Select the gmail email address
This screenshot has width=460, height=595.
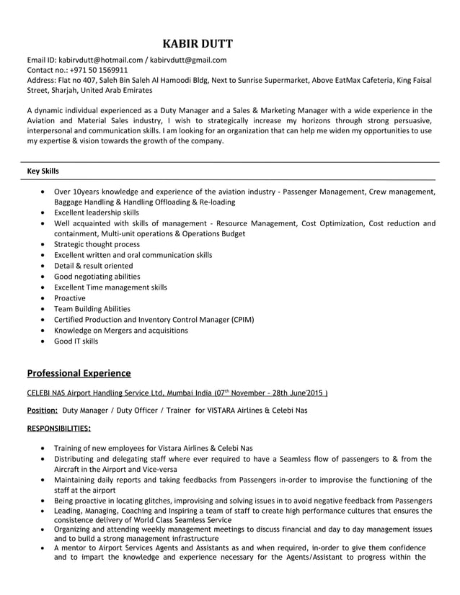188,61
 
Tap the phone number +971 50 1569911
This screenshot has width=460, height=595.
98,71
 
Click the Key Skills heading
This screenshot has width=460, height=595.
43,171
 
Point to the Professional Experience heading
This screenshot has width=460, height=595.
79,373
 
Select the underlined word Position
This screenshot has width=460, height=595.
42,410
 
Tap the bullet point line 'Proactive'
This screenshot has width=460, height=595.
69,298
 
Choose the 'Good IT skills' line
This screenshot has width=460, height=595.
76,341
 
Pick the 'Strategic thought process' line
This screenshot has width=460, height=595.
97,244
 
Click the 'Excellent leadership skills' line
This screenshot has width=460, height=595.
97,212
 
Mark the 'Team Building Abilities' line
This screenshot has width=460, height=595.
92,308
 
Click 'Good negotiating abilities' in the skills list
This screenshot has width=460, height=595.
97,277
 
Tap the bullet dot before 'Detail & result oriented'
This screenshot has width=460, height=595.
45,266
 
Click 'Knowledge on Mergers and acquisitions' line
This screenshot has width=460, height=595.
121,330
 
